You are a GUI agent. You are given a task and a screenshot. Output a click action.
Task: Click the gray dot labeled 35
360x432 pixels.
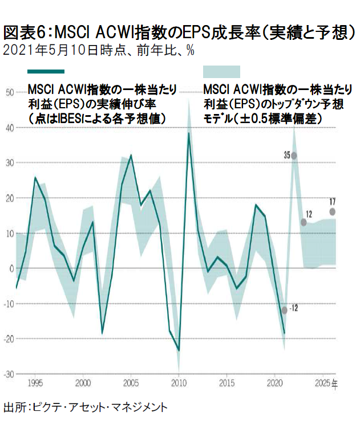coord(294,155)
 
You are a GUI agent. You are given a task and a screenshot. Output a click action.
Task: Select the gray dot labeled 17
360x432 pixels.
coord(333,211)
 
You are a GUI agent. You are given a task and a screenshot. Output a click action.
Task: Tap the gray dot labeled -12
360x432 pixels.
coord(285,310)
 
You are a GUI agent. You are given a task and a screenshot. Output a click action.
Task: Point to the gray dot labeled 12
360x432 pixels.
coord(304,222)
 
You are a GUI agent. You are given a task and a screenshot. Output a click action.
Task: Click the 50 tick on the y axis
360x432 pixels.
coord(10,92)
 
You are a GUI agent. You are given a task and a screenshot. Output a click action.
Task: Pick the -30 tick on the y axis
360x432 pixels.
coord(10,374)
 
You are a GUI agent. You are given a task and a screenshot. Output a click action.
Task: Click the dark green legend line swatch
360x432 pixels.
coord(46,71)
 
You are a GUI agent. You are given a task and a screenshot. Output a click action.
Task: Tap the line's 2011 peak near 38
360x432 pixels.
coord(189,133)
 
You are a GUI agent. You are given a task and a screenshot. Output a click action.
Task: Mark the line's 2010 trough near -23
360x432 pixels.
coord(179,350)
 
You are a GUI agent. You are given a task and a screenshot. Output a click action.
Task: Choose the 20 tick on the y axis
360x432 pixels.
coord(10,198)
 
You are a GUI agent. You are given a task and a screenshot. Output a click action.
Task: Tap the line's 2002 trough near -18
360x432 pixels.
coord(102,333)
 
